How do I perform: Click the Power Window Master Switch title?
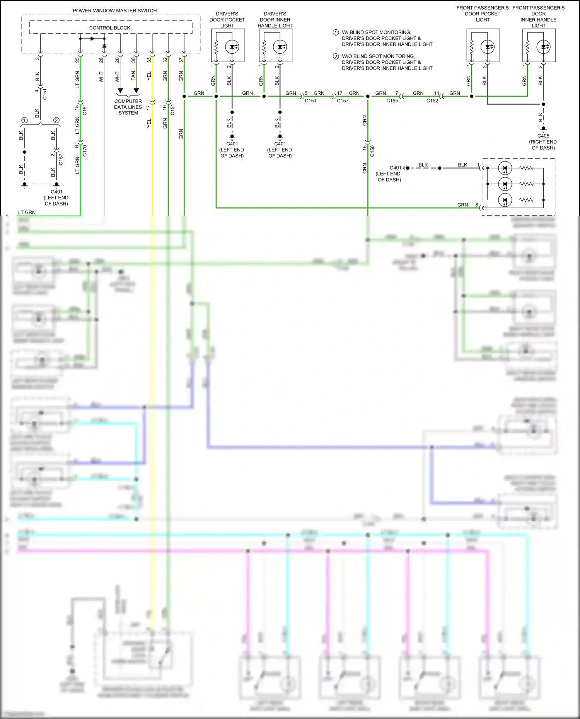114,10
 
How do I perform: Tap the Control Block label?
109,28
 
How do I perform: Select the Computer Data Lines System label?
128,107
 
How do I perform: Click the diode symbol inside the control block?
92,39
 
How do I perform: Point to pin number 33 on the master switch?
149,60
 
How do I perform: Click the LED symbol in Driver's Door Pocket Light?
232,47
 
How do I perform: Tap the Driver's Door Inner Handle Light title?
275,20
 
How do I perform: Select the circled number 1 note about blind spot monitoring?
336,32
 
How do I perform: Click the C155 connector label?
392,101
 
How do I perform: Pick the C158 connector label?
372,151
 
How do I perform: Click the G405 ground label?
543,136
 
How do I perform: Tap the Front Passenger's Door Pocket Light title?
482,14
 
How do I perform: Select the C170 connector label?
85,150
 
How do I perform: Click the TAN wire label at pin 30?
133,75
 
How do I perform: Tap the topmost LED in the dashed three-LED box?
505,168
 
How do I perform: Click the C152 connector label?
432,101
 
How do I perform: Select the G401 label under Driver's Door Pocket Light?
232,144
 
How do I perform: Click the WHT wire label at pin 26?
101,77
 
